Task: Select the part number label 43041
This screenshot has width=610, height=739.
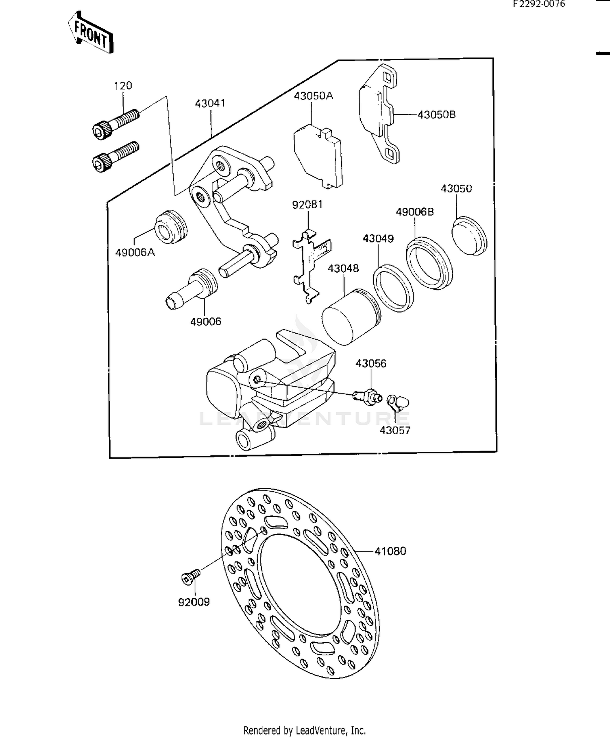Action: pos(210,103)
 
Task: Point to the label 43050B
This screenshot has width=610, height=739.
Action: pos(437,115)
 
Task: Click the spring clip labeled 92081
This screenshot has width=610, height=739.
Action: pos(311,264)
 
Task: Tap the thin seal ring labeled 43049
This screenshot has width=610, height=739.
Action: pos(393,288)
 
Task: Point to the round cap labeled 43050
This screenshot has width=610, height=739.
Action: pos(470,236)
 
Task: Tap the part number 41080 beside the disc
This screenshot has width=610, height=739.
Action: pos(390,551)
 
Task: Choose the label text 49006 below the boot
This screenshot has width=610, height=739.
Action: pos(206,321)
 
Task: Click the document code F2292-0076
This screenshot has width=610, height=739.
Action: pos(539,4)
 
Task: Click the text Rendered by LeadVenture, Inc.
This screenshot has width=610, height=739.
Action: pos(305,730)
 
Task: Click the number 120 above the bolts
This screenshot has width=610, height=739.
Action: pos(123,86)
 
